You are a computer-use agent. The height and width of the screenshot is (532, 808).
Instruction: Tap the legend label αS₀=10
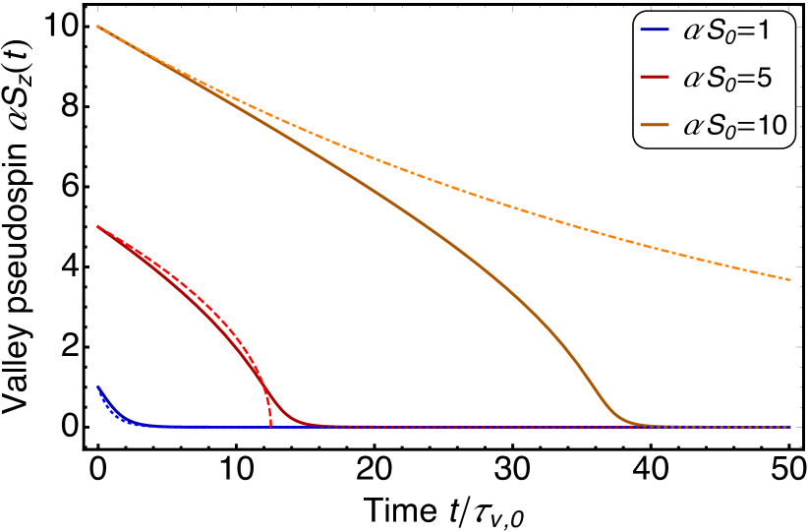[731, 124]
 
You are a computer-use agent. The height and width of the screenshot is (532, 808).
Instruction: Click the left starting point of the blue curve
[96, 385]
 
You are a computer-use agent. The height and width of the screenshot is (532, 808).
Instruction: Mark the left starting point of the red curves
[96, 227]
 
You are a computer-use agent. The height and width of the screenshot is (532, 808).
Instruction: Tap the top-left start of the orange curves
[96, 27]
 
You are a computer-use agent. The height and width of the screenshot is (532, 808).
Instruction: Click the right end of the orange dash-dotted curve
[790, 280]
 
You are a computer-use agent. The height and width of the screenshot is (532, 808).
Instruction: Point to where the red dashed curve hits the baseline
[270, 426]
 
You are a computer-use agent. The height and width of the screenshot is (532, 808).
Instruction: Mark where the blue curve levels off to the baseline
[147, 425]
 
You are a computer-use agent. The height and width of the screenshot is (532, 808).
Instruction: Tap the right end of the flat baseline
[790, 427]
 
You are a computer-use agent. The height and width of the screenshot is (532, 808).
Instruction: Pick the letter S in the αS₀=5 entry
[717, 78]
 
